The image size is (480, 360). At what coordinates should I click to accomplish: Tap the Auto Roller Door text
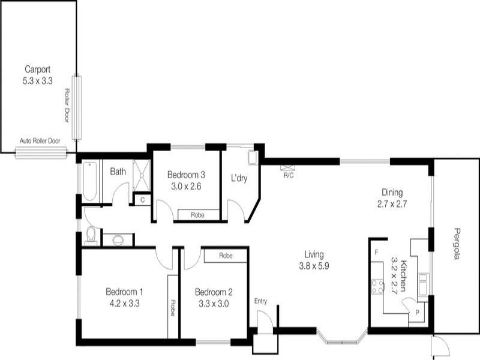click(x=40, y=141)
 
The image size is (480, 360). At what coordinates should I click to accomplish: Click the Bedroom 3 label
click(x=186, y=175)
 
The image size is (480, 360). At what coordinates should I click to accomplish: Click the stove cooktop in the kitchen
click(x=377, y=287)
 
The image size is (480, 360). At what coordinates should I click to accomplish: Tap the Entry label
click(x=260, y=301)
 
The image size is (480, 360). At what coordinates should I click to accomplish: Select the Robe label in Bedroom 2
click(x=225, y=256)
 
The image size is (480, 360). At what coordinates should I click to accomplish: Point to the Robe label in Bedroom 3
click(x=196, y=215)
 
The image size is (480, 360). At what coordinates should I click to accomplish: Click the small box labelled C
click(x=142, y=199)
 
